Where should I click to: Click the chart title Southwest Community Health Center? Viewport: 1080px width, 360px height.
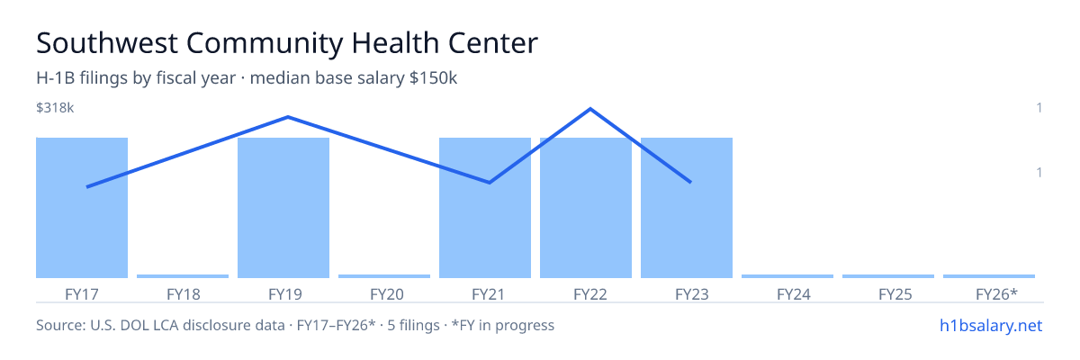click(287, 43)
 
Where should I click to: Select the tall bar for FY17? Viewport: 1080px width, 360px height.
click(82, 208)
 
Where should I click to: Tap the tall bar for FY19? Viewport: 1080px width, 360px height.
click(283, 208)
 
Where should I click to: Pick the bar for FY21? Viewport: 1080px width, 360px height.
click(485, 208)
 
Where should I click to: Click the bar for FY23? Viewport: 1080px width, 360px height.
click(687, 208)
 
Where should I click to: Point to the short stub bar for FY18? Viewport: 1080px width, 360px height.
click(183, 276)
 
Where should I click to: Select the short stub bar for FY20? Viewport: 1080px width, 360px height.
click(384, 276)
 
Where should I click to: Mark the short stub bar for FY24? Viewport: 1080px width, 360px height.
click(787, 276)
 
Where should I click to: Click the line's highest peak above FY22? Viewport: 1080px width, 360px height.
click(590, 109)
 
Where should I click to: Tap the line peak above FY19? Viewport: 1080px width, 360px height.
click(288, 117)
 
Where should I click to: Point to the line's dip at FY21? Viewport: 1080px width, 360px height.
click(490, 183)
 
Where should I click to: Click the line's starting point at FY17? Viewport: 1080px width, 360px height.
click(87, 187)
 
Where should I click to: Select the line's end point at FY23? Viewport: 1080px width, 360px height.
click(690, 182)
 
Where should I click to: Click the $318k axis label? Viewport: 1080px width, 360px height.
click(55, 108)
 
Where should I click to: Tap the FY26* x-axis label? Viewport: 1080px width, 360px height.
click(996, 294)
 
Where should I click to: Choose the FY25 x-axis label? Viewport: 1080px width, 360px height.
click(895, 294)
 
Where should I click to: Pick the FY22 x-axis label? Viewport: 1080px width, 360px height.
click(590, 294)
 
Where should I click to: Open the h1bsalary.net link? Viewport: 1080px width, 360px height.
click(991, 325)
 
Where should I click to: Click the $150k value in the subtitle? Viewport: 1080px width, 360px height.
click(433, 78)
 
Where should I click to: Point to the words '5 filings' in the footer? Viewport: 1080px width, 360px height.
click(414, 325)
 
